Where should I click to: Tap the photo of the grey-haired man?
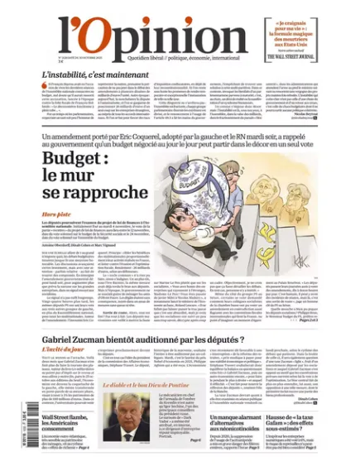coord(135,414)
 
